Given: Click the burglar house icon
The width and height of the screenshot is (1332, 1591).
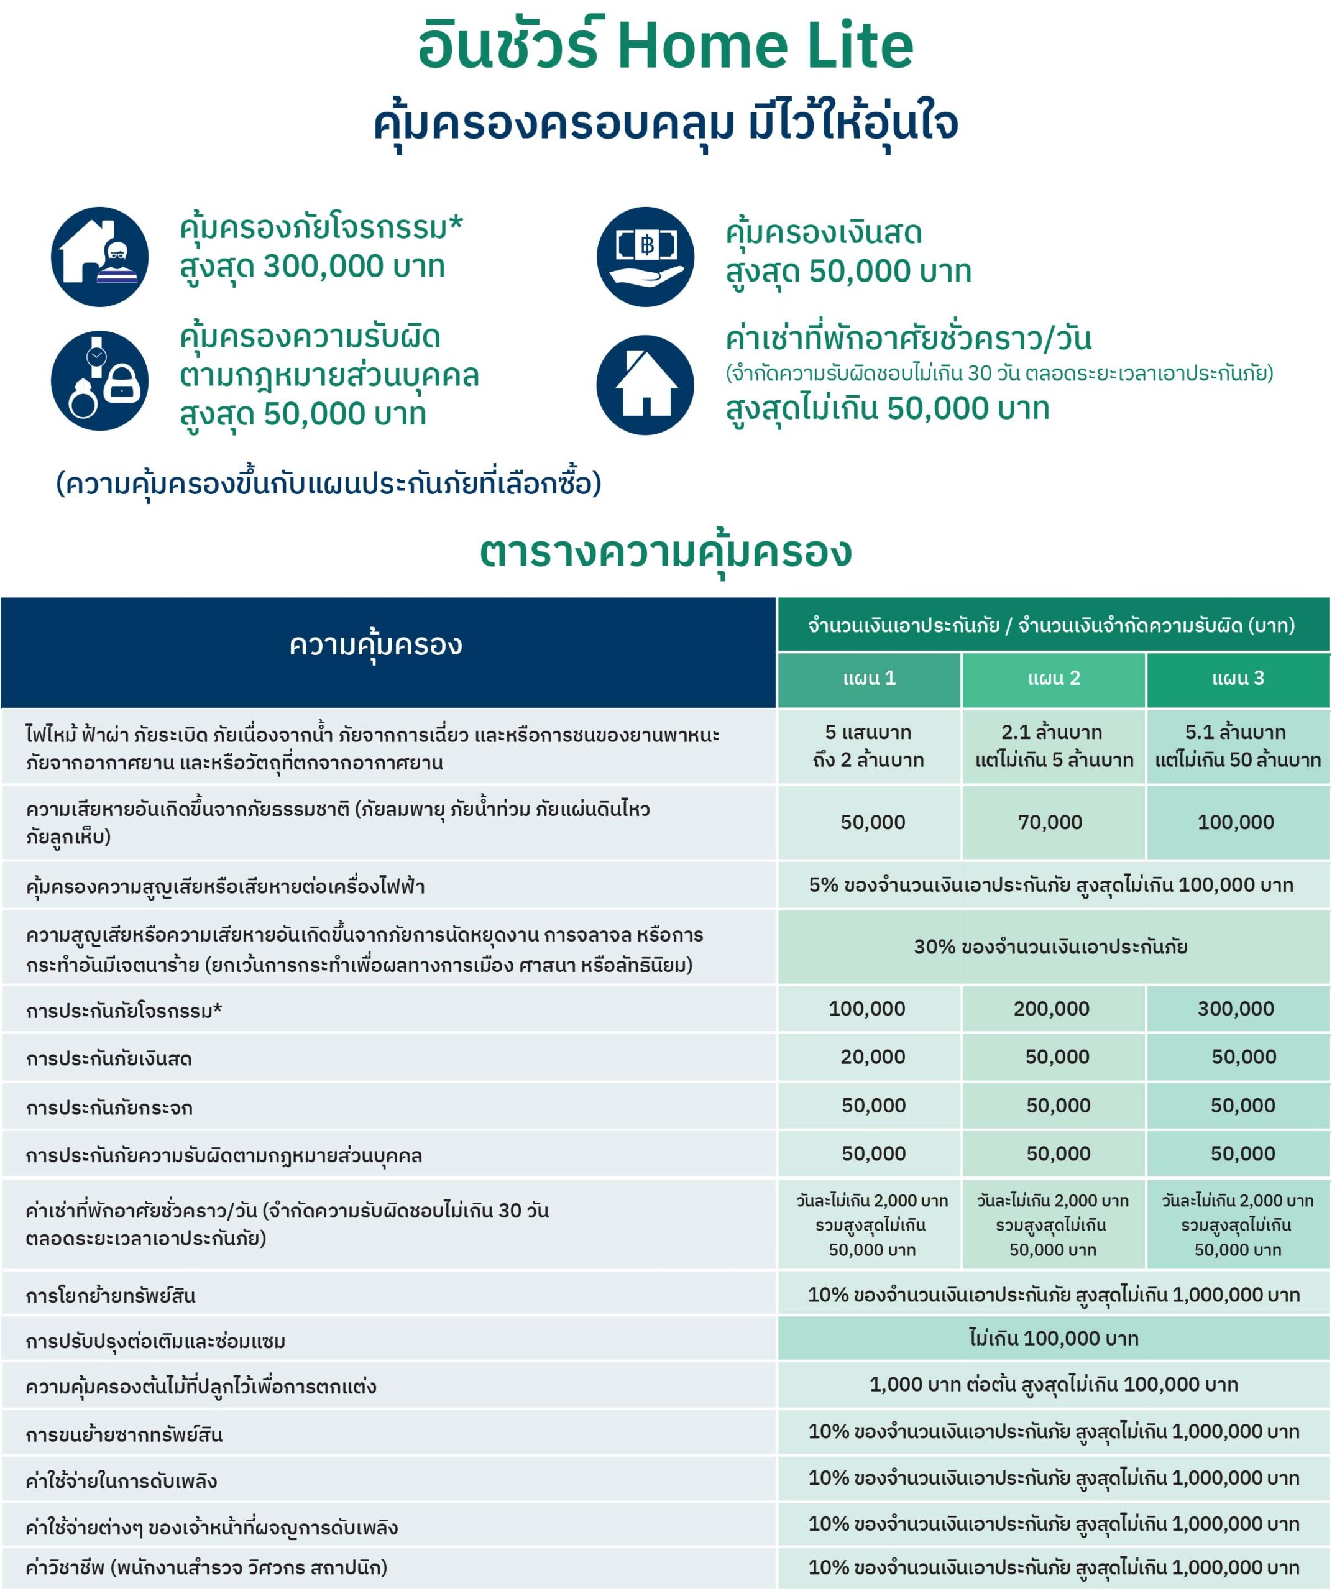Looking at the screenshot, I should tap(99, 257).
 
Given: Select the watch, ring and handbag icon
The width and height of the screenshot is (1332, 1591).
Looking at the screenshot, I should tap(99, 380).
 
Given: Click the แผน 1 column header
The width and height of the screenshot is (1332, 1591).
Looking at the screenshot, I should tap(869, 678).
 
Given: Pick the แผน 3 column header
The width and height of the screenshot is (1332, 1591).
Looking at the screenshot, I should tap(1238, 678).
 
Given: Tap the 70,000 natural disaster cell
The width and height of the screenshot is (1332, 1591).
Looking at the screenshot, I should tap(1050, 822).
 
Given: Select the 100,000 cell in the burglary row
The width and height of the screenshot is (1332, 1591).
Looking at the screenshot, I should tap(867, 1009).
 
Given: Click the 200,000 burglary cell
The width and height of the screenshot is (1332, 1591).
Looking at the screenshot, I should tap(1052, 1009).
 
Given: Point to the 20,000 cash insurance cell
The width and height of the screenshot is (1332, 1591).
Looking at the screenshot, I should tap(872, 1057).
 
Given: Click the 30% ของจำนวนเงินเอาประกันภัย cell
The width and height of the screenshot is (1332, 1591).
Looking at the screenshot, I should tap(1050, 947).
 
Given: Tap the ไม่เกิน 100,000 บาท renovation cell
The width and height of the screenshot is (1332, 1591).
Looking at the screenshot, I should tap(1053, 1339).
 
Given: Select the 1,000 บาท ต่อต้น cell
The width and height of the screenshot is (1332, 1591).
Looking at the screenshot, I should tap(1053, 1385).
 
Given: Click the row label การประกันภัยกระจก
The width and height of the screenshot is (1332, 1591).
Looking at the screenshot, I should tap(109, 1107).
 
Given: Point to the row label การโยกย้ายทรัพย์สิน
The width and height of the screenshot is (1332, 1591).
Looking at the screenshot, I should tap(111, 1296).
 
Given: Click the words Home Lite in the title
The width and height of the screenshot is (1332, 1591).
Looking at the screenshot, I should tap(765, 45).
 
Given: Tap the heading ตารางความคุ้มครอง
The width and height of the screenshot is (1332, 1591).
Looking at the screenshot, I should tap(665, 552).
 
